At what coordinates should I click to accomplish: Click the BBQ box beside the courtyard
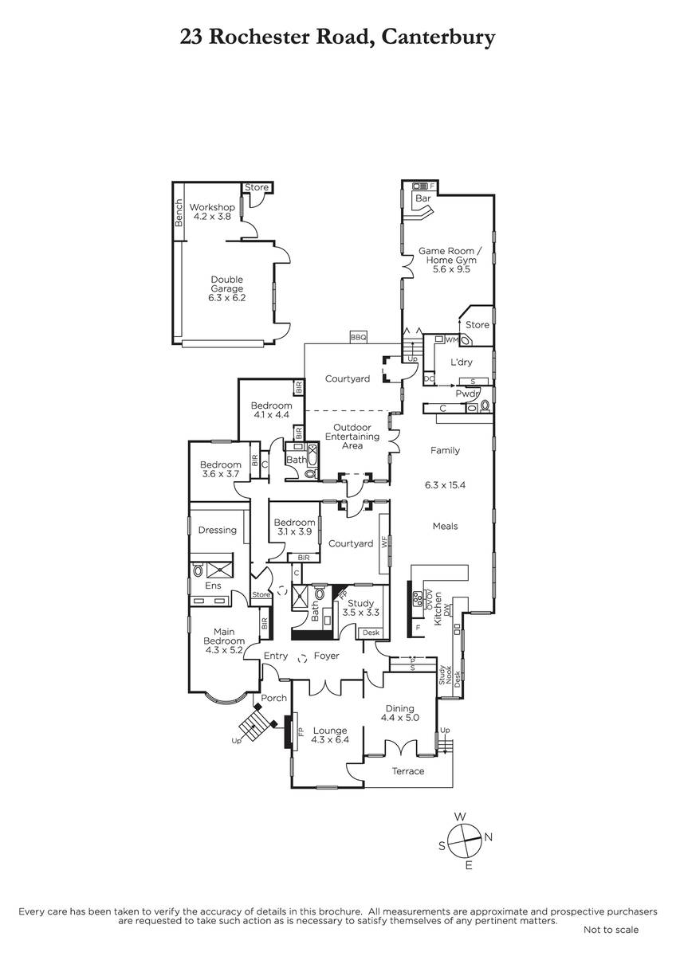point(358,337)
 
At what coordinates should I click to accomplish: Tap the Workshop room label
point(212,207)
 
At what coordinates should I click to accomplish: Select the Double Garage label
point(226,284)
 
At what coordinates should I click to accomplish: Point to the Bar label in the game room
point(423,198)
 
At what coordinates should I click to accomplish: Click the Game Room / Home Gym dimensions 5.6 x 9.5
point(451,269)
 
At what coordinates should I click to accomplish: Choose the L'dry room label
point(462,362)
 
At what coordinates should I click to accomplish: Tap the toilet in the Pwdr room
point(485,406)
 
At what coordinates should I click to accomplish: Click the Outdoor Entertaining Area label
point(352,437)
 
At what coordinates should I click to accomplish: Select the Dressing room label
point(218,530)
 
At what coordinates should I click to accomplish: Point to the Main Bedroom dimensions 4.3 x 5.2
point(224,650)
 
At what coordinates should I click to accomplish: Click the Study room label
point(361,604)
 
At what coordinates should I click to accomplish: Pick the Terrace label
point(408,771)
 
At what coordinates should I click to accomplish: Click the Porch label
point(273,698)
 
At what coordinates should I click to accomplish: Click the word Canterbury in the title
point(438,37)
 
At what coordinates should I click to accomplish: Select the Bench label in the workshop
point(179,213)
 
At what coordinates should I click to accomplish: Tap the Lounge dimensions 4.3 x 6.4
point(330,739)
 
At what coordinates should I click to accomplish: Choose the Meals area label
point(445,527)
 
